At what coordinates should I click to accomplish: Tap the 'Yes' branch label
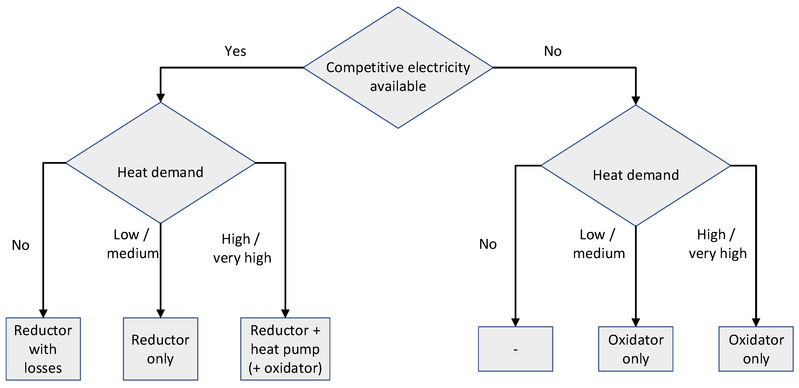tap(235, 51)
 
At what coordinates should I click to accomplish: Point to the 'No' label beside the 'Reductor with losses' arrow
tap(21, 245)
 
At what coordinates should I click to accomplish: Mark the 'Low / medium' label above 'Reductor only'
tap(132, 244)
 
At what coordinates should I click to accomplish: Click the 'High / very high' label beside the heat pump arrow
tap(242, 248)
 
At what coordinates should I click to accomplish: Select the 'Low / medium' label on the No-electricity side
tap(598, 244)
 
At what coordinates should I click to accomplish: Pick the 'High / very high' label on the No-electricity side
tap(717, 244)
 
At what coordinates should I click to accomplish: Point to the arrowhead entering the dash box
tap(515, 322)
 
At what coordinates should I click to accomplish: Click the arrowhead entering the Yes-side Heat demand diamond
tap(160, 98)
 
